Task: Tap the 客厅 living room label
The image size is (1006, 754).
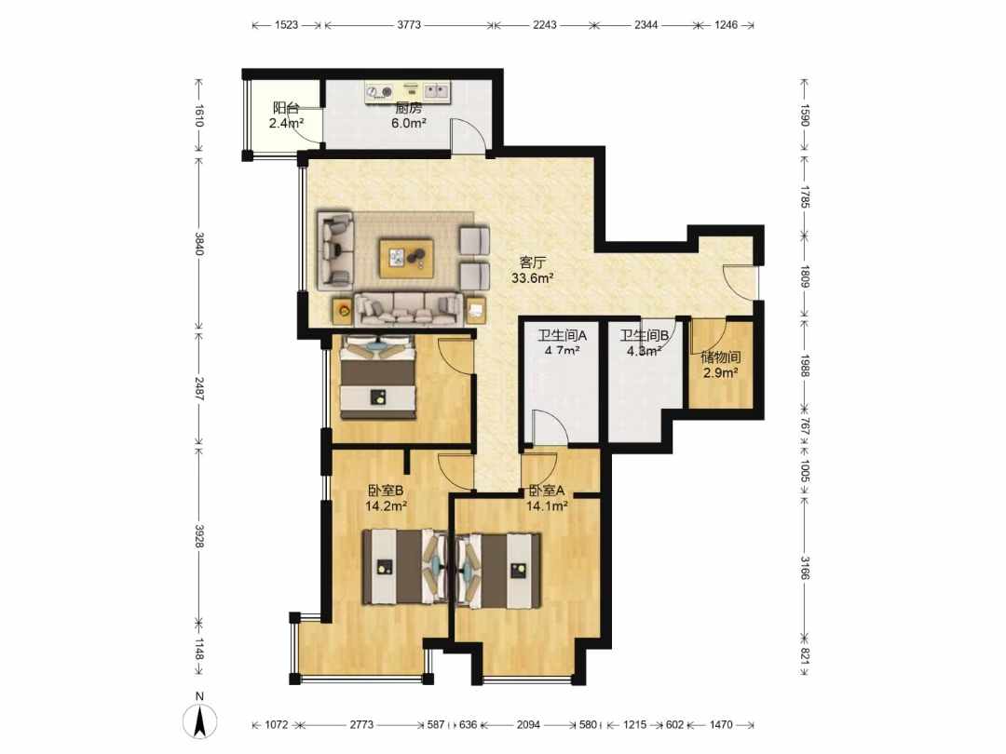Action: pos(533,263)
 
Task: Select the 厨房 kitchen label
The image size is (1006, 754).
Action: pos(409,108)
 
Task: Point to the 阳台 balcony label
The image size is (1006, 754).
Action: pos(286,108)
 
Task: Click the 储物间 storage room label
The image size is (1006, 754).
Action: pos(720,357)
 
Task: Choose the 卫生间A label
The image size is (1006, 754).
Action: pos(562,335)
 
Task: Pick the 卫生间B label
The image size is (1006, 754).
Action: pos(645,335)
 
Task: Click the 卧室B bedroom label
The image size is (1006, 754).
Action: pos(386,491)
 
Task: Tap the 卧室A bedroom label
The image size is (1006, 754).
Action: pos(547,491)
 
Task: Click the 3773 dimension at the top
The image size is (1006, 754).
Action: pos(409,25)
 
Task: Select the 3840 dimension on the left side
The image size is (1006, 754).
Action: pos(199,244)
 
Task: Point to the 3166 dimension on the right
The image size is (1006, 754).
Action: pos(805,568)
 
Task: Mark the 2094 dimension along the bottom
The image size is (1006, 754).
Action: pos(528,724)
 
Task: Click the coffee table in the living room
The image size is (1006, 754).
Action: pos(405,258)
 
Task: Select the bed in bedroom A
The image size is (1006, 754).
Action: pos(497,570)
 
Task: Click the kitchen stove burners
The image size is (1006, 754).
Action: pos(378,93)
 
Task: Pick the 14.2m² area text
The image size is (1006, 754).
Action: pos(387,505)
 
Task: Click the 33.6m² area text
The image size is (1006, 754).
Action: pos(533,278)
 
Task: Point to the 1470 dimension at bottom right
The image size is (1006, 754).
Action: pos(720,724)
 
